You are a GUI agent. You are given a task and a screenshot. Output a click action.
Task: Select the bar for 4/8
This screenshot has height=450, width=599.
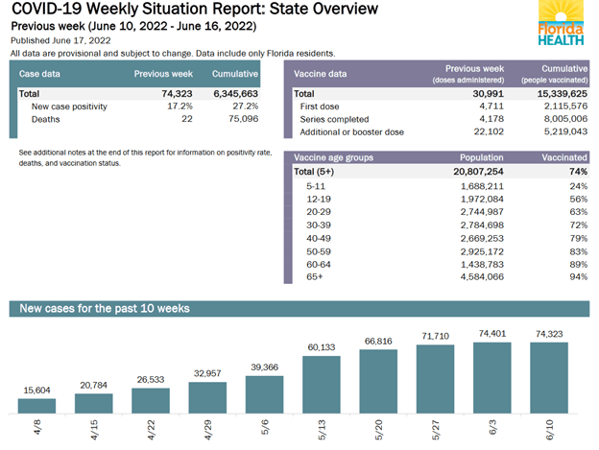pyautogui.click(x=36, y=404)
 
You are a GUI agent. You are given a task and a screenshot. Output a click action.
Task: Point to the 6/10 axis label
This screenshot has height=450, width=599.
pyautogui.click(x=549, y=429)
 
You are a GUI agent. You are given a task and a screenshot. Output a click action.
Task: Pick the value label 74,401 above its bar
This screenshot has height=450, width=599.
pyautogui.click(x=492, y=333)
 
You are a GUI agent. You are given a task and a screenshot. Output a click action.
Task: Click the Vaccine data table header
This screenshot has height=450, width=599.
pyautogui.click(x=320, y=74)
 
